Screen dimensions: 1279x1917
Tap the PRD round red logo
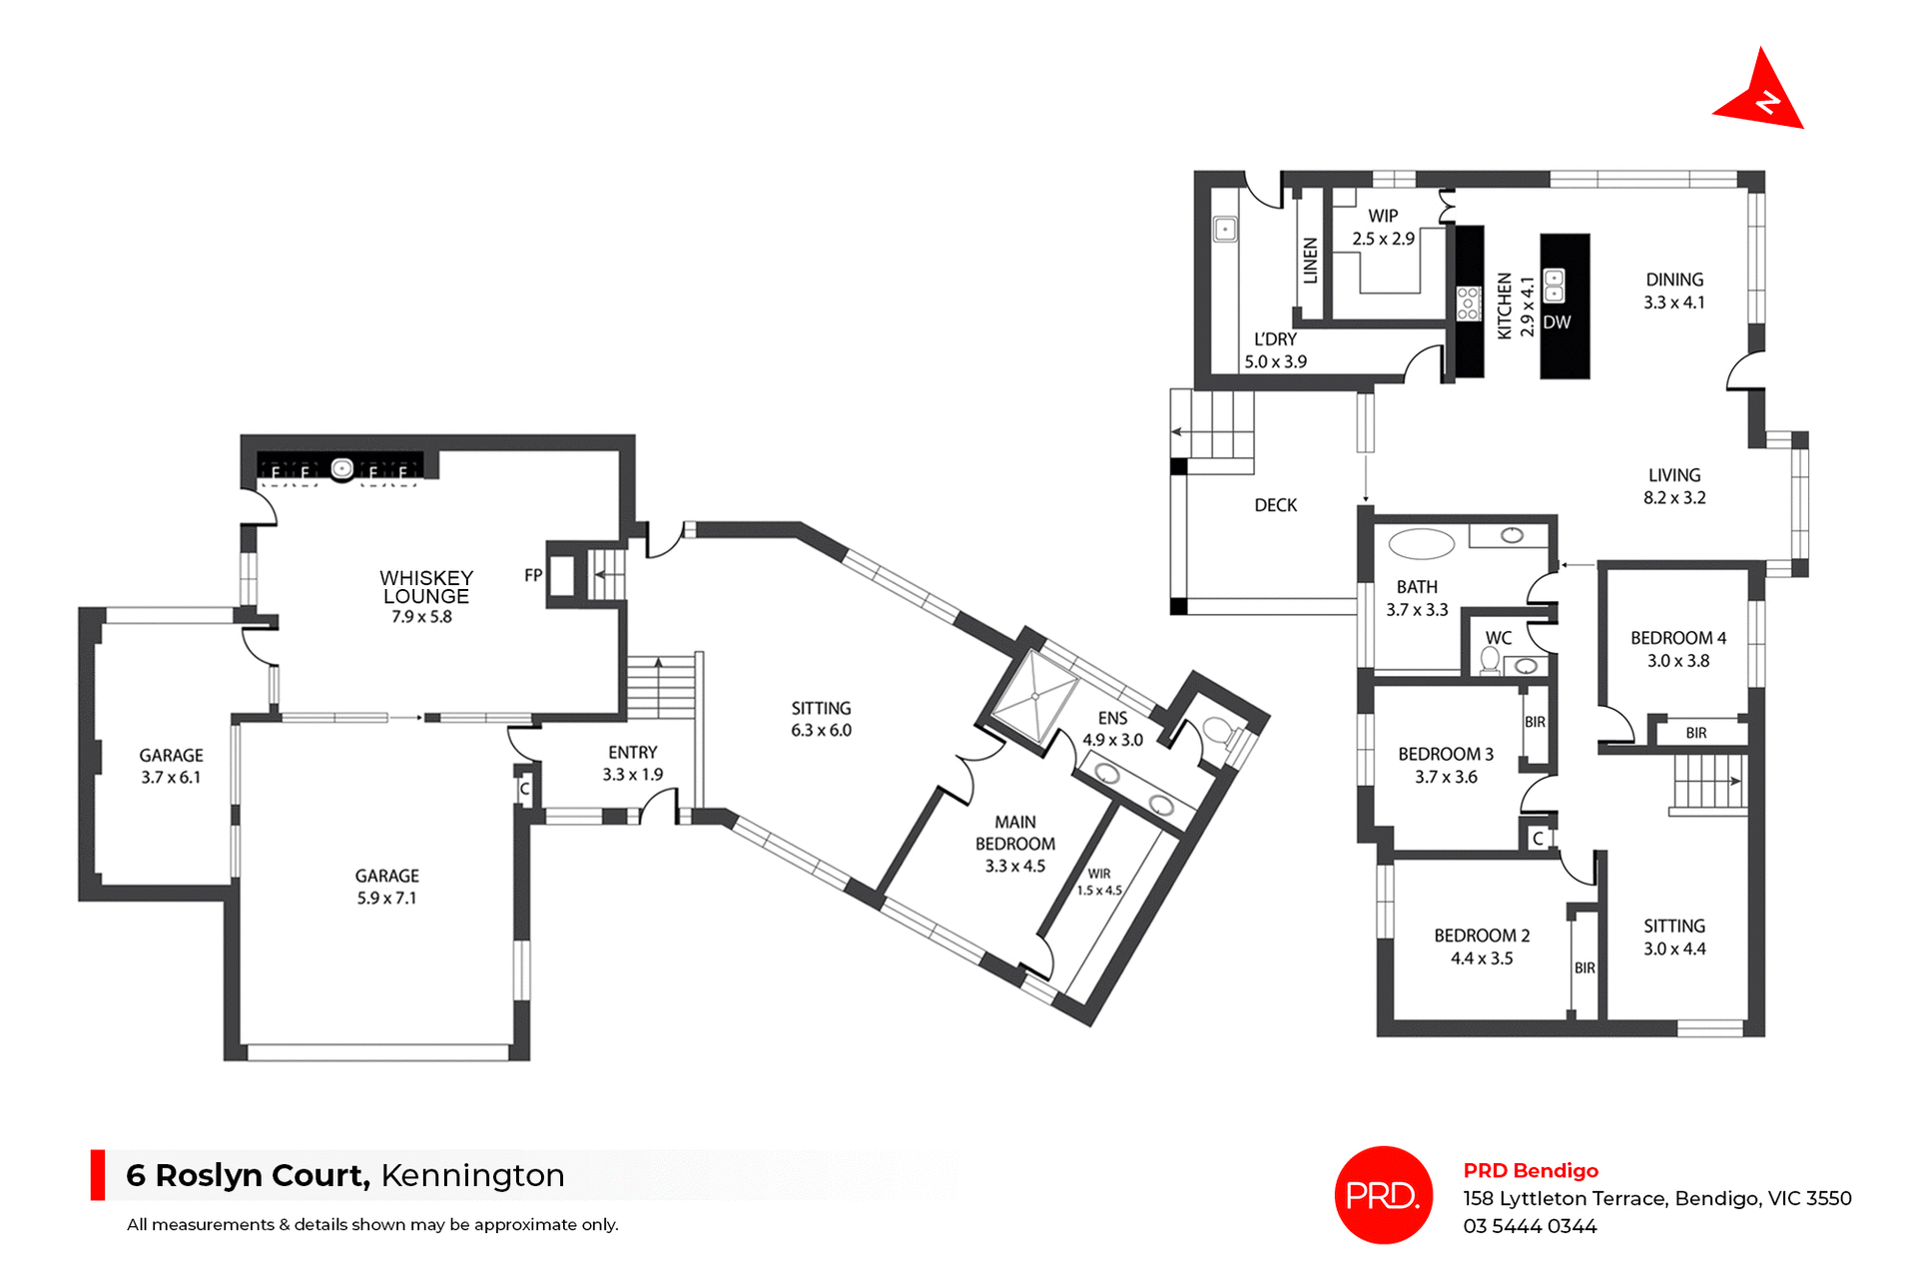coord(1383,1194)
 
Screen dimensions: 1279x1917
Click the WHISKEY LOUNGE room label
coord(426,587)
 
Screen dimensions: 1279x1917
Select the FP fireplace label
coord(533,575)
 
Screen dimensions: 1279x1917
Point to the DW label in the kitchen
coord(1557,322)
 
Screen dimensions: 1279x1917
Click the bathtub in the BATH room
coord(1421,544)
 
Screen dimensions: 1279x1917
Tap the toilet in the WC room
coord(1490,660)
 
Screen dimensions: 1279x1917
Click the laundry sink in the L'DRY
coord(1225,230)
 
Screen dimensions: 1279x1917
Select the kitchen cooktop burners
coord(1468,303)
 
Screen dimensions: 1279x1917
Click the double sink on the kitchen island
coord(1554,286)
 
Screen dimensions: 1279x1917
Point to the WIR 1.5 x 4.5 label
coord(1099,882)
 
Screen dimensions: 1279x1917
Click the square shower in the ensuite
coord(1035,696)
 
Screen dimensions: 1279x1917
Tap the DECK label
coord(1275,505)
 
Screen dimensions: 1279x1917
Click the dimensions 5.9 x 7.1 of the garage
coord(386,898)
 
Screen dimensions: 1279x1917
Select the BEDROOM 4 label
coord(1677,638)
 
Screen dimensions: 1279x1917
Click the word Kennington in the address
coord(472,1175)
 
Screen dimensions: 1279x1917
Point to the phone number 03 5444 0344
coord(1530,1226)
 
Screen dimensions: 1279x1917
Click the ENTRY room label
coord(632,752)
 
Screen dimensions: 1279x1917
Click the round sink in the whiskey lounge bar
coord(342,467)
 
